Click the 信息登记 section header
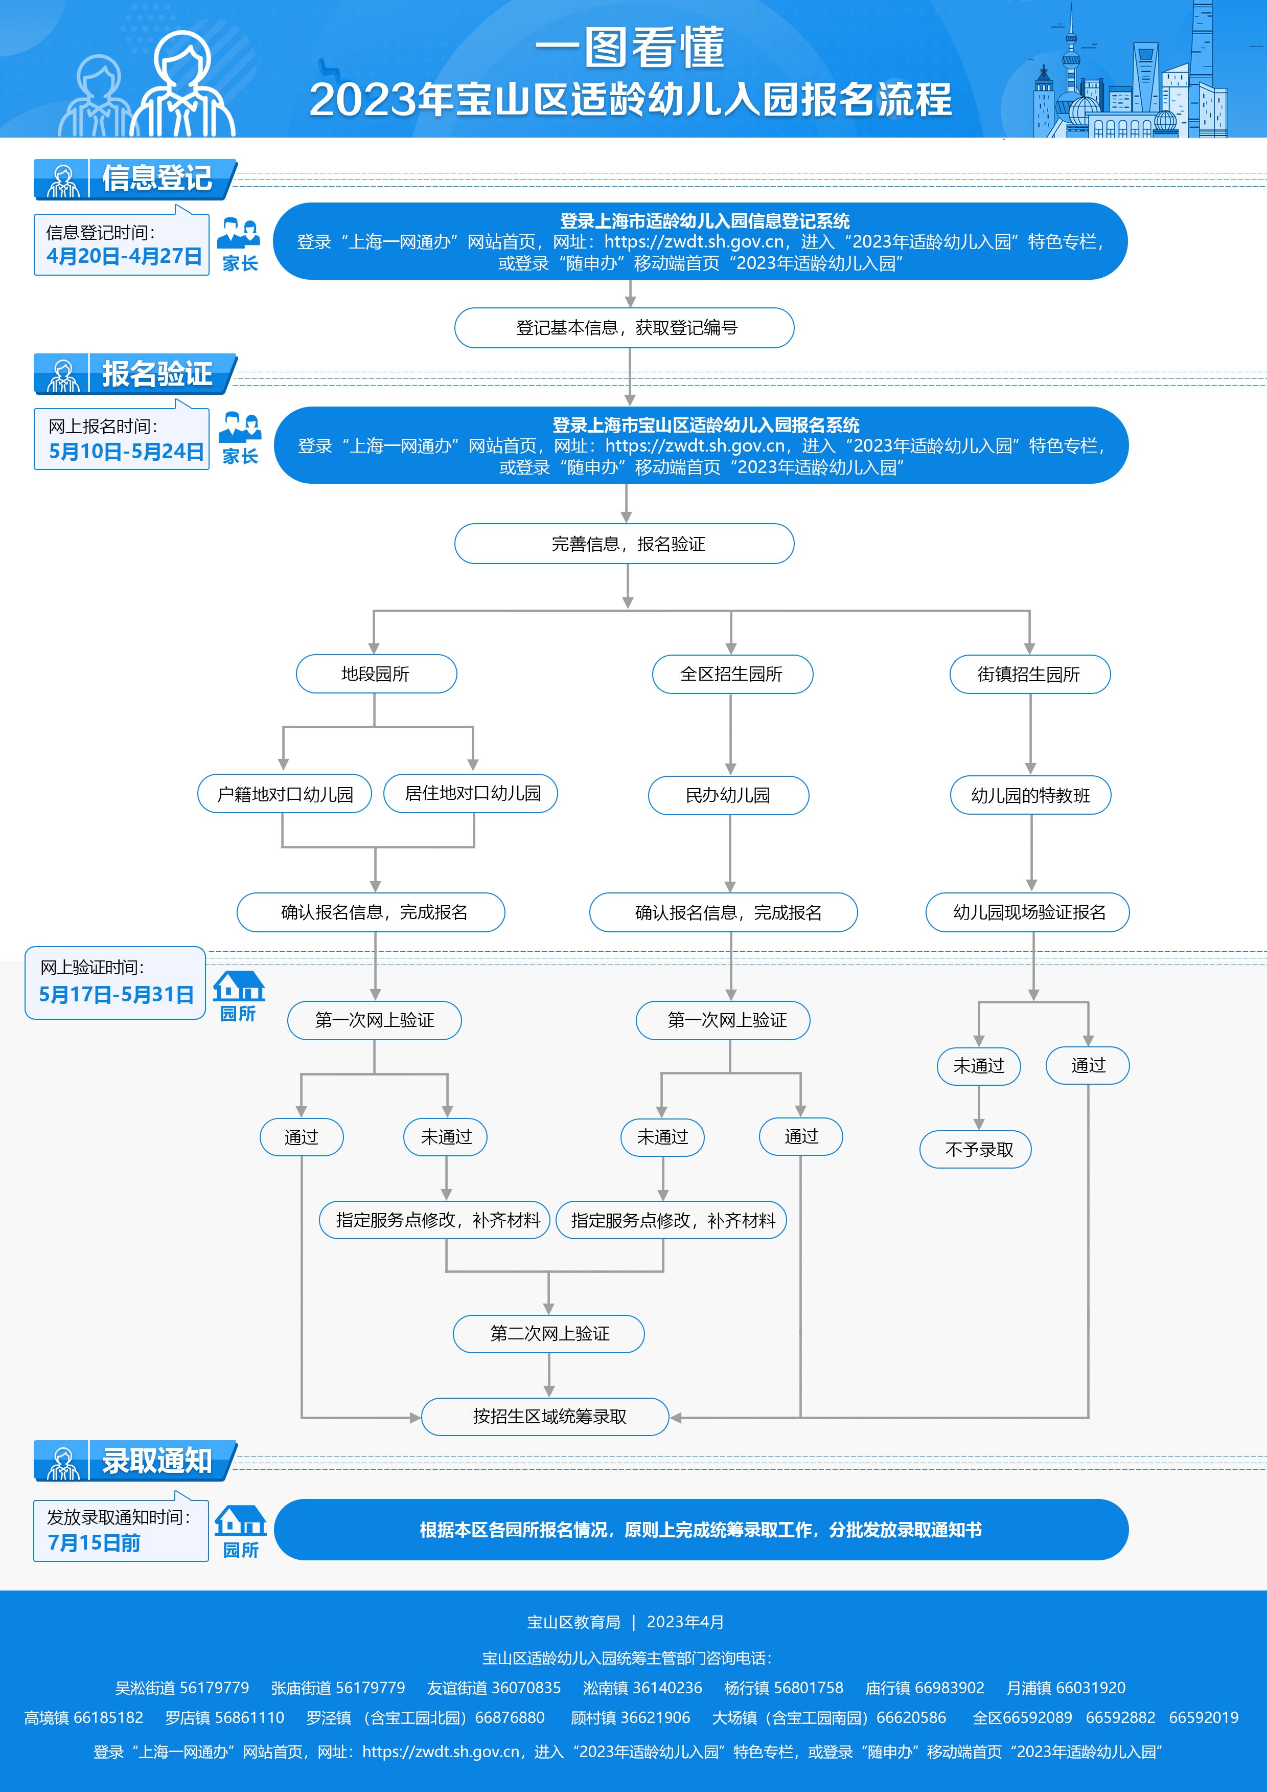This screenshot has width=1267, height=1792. point(156,178)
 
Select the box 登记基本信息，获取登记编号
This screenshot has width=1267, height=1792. point(625,328)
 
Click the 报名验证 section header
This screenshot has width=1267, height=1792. point(156,374)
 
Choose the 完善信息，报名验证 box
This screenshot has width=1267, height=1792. point(625,544)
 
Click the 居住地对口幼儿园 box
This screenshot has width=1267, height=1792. point(471,794)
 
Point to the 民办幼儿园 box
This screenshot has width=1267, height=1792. point(728,795)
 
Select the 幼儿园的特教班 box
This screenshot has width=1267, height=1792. point(1030,795)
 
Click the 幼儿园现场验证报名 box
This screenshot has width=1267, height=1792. point(1028,912)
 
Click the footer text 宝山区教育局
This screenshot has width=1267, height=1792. point(573,1622)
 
